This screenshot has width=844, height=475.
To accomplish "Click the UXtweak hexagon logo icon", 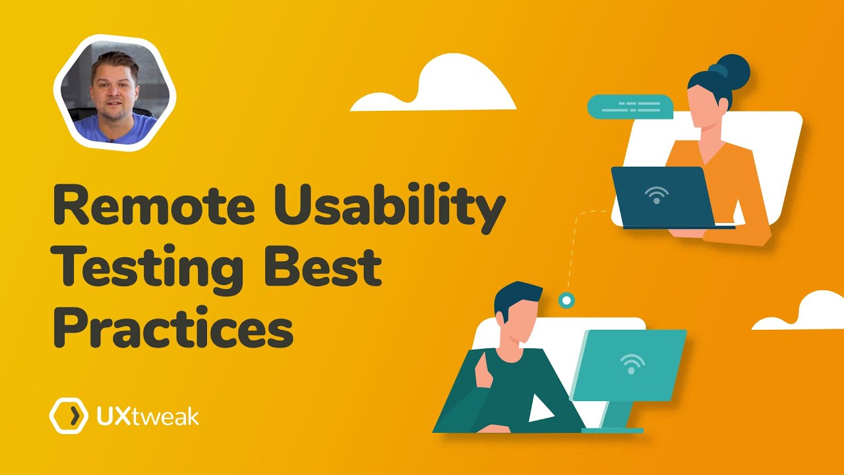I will point(69,416).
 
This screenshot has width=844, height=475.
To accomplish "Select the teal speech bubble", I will point(629,107).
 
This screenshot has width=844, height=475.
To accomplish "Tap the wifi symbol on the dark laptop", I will point(657,194).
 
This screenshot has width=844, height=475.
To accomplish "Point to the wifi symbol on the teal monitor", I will point(632,364).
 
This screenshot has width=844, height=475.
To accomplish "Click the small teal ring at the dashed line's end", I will point(565,301).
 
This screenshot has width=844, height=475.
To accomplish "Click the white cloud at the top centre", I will point(436,86).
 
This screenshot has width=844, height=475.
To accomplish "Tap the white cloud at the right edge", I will point(804,313).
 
